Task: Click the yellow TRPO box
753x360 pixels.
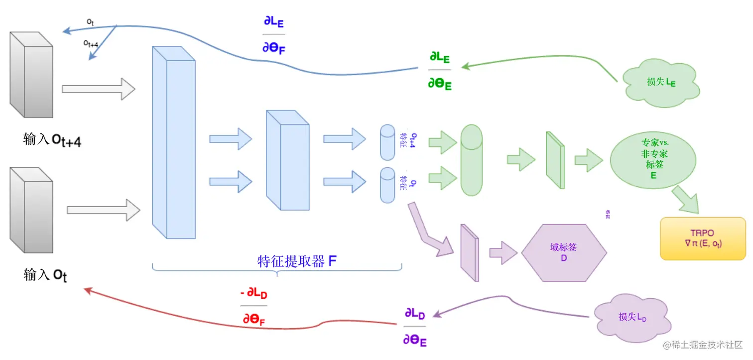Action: [x=703, y=239]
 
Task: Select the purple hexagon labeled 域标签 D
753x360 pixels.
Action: [x=564, y=253]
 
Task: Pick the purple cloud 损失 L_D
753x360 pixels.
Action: [x=632, y=317]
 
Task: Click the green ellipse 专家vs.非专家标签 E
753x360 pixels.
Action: [x=653, y=158]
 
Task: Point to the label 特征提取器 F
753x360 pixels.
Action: [x=297, y=261]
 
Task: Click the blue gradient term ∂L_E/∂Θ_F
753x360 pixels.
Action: [x=273, y=35]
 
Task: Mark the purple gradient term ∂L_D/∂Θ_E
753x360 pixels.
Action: [x=414, y=327]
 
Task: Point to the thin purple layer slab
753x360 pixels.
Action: [x=469, y=253]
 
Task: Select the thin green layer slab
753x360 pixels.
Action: [x=555, y=160]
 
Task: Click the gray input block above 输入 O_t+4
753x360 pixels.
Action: [x=31, y=75]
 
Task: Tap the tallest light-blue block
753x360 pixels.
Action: [x=173, y=142]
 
